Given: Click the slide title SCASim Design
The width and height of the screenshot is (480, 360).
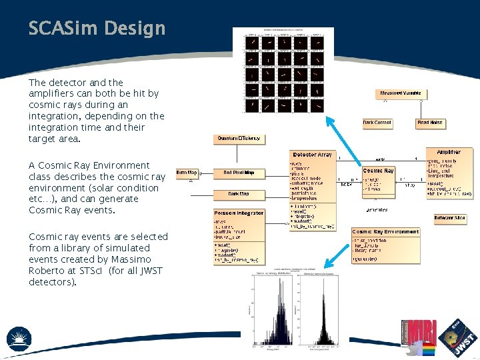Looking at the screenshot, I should [x=97, y=29].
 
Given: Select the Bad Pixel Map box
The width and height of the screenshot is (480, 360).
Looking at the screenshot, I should [x=239, y=173].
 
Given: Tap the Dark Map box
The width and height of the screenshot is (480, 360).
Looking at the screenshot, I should [x=239, y=195].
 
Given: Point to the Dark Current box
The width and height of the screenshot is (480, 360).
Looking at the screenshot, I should [x=377, y=123].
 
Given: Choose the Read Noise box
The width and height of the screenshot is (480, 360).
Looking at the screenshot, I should [x=430, y=123].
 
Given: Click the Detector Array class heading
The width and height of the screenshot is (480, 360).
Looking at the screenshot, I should [x=312, y=155].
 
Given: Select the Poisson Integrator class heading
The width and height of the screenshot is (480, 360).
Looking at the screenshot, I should [x=239, y=213].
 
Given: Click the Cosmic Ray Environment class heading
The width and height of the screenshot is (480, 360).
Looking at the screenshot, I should [x=386, y=232].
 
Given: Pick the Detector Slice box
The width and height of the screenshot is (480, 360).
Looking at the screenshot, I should [x=450, y=218].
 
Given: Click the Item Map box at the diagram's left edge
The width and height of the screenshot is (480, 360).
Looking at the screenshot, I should [x=186, y=173].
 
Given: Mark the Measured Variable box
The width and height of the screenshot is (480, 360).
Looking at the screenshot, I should [x=401, y=93].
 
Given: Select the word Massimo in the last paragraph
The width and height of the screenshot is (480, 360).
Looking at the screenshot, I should [x=133, y=259].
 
